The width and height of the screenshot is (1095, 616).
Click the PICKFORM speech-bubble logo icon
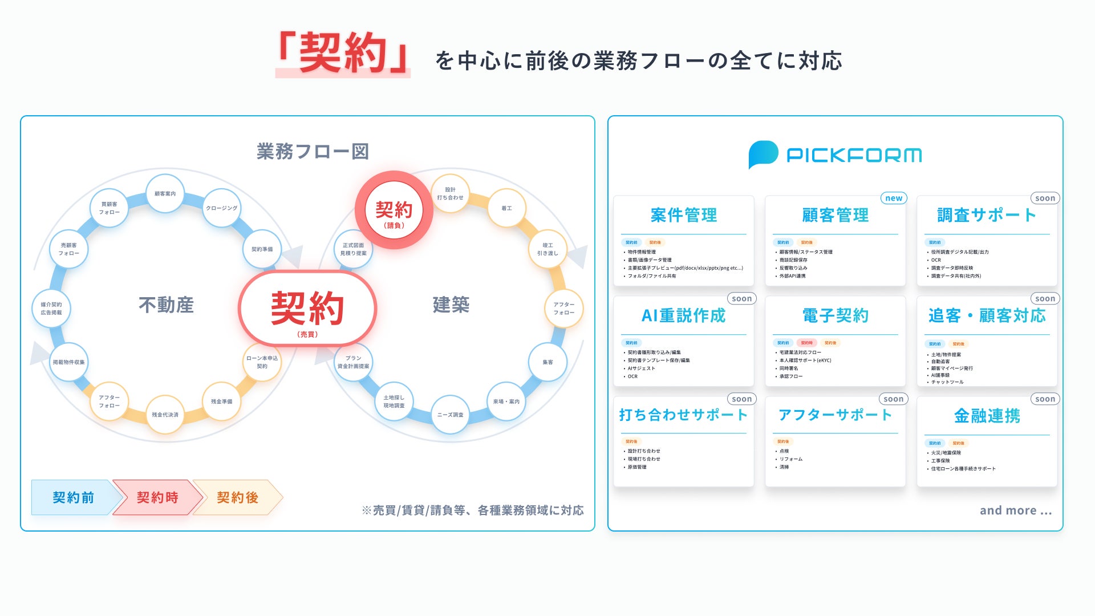click(763, 154)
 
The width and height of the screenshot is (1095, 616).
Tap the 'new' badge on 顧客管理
click(894, 198)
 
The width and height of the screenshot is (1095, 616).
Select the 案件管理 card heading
click(683, 215)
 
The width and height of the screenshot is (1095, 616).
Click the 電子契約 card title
click(835, 315)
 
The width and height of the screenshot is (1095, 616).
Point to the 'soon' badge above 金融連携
click(1045, 399)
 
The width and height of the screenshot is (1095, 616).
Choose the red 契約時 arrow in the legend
click(157, 497)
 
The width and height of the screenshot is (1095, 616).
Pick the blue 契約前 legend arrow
click(74, 497)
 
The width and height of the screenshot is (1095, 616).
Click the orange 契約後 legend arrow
click(237, 497)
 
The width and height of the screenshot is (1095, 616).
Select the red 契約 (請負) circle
click(394, 210)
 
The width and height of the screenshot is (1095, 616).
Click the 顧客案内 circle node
click(165, 194)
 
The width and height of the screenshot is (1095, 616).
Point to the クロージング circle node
click(221, 208)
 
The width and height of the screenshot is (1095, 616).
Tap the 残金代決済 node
click(165, 415)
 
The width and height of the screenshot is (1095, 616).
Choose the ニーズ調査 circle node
click(450, 415)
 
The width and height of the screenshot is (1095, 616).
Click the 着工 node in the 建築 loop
click(506, 208)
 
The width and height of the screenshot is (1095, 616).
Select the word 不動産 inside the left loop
click(166, 305)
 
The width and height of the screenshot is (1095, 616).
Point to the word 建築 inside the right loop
click(451, 305)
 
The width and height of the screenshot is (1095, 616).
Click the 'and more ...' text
click(1015, 510)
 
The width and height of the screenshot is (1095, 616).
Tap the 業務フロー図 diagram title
click(313, 152)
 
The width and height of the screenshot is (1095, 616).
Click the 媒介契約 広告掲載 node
click(51, 309)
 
